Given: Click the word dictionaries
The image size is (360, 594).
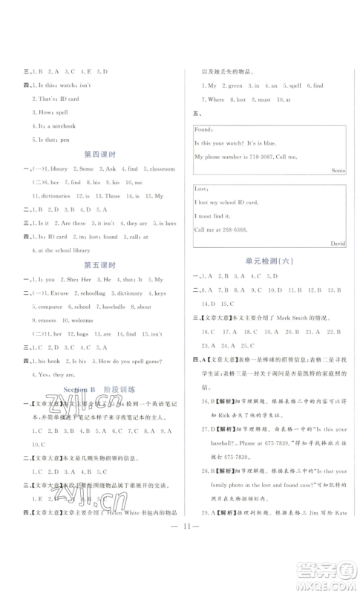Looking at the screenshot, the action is coord(53,195).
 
